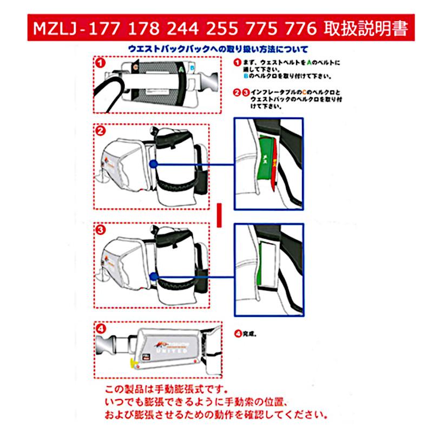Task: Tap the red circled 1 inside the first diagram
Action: (100, 62)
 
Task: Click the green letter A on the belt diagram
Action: (179, 69)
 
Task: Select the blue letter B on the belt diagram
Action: (193, 69)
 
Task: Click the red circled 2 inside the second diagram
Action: (100, 131)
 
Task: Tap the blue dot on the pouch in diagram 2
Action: (154, 163)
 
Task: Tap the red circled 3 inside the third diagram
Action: (100, 230)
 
